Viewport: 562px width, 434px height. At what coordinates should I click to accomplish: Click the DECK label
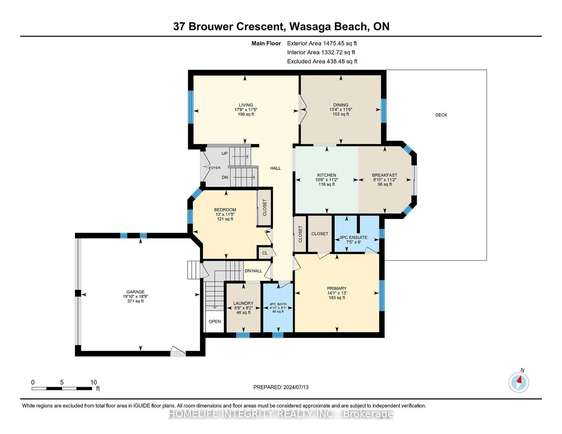pos(441,115)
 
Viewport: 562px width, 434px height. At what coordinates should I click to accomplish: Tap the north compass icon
pos(519,383)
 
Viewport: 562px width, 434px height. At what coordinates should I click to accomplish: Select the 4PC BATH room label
pos(278,304)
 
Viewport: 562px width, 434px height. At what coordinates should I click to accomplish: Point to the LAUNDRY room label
pos(243,303)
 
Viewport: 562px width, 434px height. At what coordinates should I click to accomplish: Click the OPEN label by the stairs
pos(215,321)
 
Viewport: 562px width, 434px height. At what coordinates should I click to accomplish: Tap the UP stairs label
pos(224,154)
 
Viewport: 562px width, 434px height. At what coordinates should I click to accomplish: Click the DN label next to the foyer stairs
pos(225,177)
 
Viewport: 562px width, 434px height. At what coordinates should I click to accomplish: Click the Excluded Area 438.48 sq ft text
pos(322,61)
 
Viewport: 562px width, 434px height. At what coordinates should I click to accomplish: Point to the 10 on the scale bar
pos(93,382)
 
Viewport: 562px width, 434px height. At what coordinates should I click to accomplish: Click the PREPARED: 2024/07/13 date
pos(281,387)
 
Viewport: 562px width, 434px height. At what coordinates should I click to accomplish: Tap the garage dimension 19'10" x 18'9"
pos(135,296)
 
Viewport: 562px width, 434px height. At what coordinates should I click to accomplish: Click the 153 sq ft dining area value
pos(341,114)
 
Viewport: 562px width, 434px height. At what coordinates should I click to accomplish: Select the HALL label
pos(275,168)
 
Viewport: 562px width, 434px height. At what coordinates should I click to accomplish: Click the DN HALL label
pos(253,271)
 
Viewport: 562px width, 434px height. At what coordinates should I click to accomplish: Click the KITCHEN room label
pos(327,175)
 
